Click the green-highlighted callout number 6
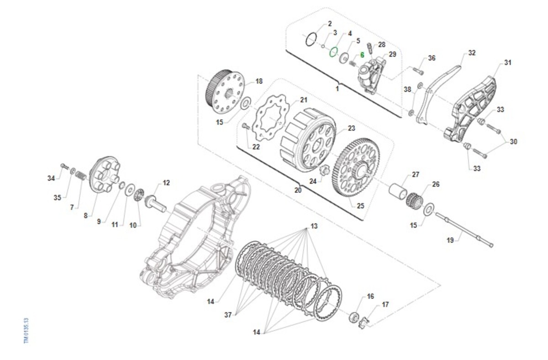click(x=362, y=55)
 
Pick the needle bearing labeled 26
click(x=415, y=200)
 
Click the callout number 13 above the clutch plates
click(x=314, y=226)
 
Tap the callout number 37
click(x=228, y=315)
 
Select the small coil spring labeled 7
click(x=80, y=175)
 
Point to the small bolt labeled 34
click(x=64, y=167)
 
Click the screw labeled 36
click(x=418, y=71)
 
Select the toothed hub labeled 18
click(x=225, y=91)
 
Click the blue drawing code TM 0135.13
click(x=26, y=330)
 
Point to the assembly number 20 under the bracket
click(x=298, y=190)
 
